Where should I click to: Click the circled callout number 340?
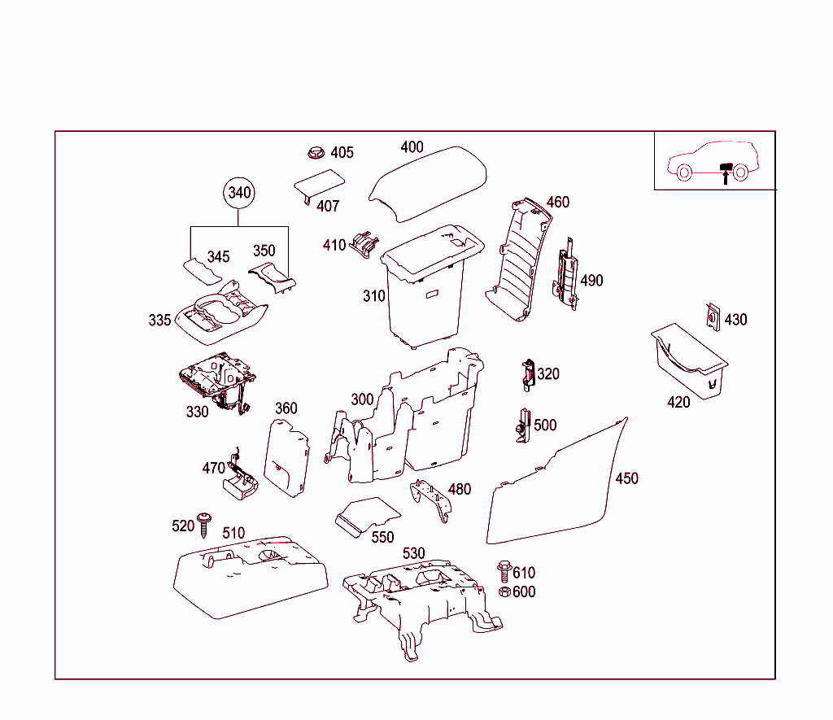tap(239, 193)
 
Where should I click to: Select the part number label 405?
tap(342, 152)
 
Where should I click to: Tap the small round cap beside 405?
tap(316, 152)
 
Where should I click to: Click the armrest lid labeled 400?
tap(430, 183)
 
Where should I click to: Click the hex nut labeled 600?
tap(504, 591)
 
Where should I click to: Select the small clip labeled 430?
tap(712, 317)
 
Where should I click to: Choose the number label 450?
tap(626, 478)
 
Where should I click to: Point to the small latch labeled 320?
tap(528, 373)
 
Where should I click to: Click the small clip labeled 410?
tap(364, 243)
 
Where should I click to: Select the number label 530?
tap(413, 553)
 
